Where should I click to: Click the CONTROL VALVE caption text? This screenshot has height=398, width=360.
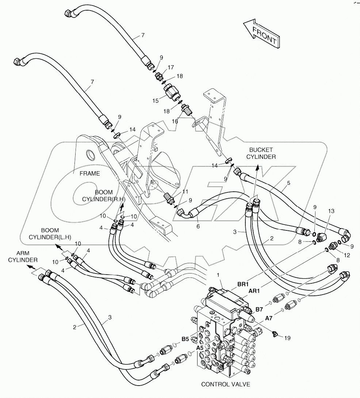tap(225, 384)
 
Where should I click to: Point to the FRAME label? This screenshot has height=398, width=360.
tap(90, 173)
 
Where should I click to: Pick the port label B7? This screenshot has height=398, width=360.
tap(259, 309)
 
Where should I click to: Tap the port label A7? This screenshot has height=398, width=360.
tap(268, 318)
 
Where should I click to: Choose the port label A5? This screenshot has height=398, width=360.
tap(200, 348)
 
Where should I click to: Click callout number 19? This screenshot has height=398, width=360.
tap(287, 338)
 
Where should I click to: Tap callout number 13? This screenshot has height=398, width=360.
tap(331, 211)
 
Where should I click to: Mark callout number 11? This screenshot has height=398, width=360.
tap(185, 191)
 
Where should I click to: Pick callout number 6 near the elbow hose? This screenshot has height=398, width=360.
tap(198, 226)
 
